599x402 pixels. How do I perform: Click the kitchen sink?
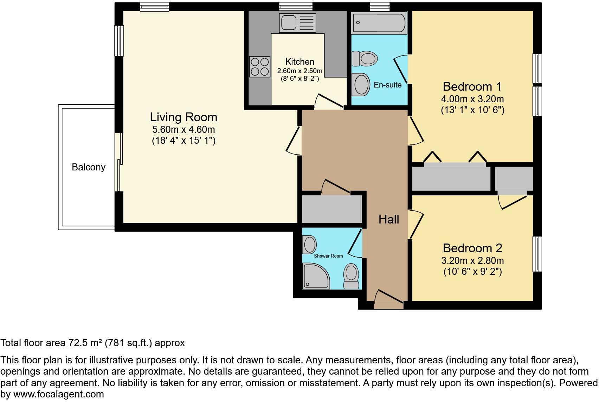coord(297,22)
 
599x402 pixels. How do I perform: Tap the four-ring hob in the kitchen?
coord(259,67)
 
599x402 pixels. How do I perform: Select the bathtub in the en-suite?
coord(379,22)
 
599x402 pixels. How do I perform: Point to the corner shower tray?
coord(316,276)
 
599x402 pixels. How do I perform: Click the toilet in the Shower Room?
coord(351,276)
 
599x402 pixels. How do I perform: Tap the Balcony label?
coord(89,167)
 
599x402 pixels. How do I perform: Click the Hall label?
coord(389,220)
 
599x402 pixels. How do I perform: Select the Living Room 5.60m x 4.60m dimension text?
coord(183,130)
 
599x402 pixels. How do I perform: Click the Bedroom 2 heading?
coord(472,248)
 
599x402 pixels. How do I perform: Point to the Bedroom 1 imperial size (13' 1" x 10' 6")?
coord(472,110)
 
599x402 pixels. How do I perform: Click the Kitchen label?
coord(299,62)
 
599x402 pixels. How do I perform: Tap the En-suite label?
coord(387,85)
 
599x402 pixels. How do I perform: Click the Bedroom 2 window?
coord(537,254)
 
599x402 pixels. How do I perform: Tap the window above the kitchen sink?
coord(296,6)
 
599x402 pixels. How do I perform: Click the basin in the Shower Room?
coord(310,244)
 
